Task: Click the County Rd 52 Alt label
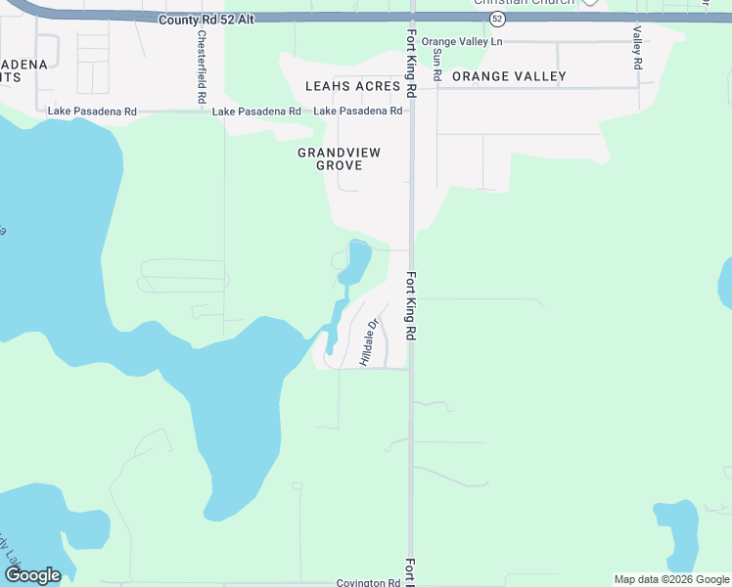[206, 19]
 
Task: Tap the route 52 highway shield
[498, 19]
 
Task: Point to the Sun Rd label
[437, 64]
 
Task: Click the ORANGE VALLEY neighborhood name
[509, 76]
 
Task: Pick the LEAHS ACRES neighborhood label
[352, 86]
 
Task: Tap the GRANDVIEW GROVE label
[339, 158]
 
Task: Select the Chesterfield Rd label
[202, 68]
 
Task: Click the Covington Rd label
[368, 582]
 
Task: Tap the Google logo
[32, 575]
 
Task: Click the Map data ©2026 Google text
[671, 579]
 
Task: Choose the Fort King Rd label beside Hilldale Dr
[412, 305]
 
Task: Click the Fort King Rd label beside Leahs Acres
[412, 61]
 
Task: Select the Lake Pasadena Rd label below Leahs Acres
[357, 112]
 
